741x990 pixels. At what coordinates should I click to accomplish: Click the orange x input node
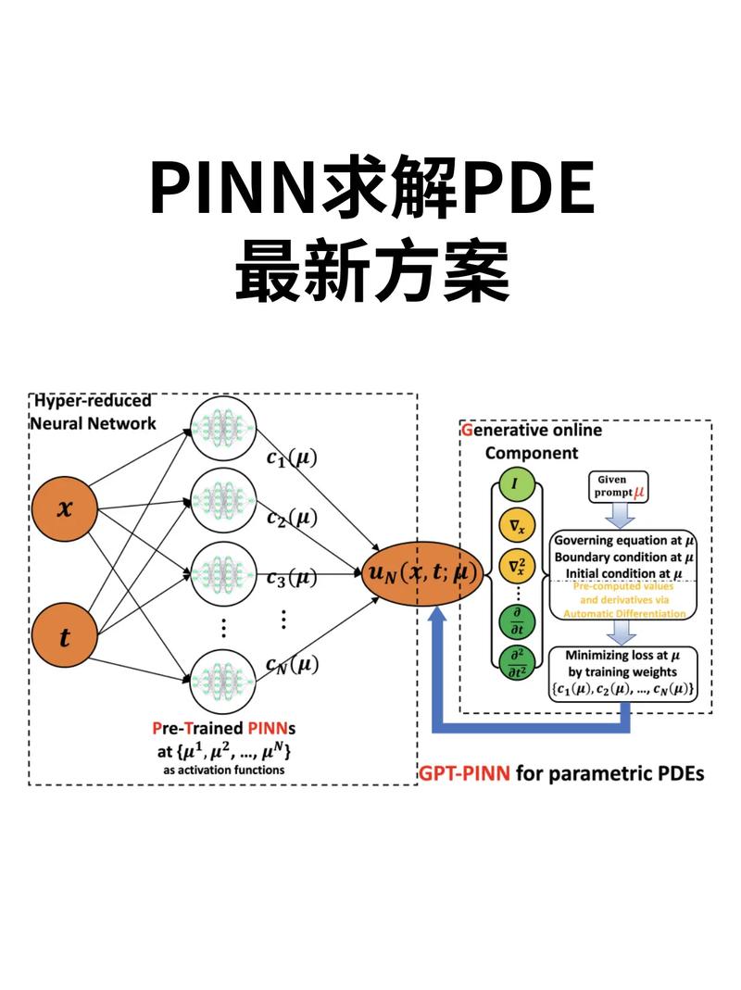(63, 508)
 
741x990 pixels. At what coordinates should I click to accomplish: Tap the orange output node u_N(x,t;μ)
(422, 573)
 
